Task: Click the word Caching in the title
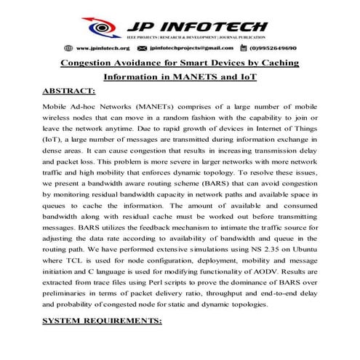281,64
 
